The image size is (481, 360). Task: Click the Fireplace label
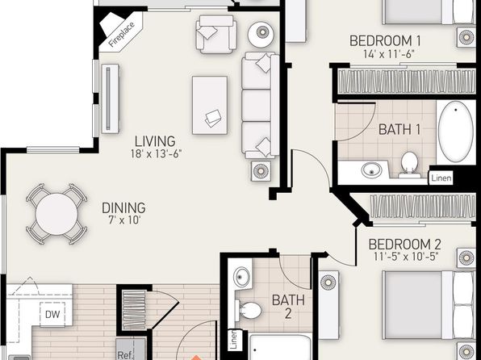click(122, 35)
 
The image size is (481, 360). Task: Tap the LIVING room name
click(155, 141)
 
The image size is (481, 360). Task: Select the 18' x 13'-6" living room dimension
click(156, 153)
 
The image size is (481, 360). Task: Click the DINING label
click(123, 208)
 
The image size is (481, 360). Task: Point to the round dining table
click(56, 214)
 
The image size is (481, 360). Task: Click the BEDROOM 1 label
click(385, 41)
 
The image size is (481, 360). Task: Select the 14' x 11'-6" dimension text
click(389, 54)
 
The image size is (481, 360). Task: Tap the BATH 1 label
click(399, 129)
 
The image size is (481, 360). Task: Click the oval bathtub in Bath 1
click(455, 132)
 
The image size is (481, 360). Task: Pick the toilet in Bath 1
click(409, 164)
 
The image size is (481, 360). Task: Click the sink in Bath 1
click(371, 170)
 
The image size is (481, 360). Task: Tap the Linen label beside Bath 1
click(441, 178)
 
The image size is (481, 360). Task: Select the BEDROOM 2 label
click(404, 245)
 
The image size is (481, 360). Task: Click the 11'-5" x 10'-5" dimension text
click(405, 257)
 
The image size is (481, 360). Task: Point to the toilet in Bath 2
click(249, 310)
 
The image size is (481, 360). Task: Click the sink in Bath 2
click(242, 277)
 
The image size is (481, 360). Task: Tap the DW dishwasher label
click(52, 314)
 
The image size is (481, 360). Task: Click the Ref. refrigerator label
click(125, 355)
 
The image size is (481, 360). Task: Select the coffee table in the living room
click(210, 105)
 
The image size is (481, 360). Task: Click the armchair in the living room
click(216, 34)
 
